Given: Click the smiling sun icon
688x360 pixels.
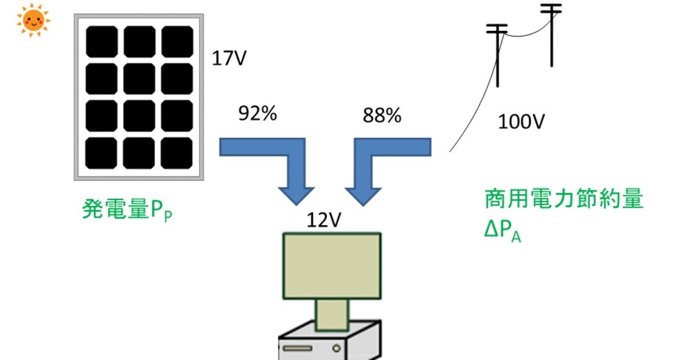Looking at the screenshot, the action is [33, 20].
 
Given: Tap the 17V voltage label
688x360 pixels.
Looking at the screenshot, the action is [229, 59].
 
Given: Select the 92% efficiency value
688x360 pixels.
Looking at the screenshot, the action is [257, 114].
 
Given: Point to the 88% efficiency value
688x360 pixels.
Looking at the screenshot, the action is [382, 116].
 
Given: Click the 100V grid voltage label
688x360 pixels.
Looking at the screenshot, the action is [522, 122].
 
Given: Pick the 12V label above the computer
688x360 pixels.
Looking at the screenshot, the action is [324, 220].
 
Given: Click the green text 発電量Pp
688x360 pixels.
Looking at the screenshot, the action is [127, 209].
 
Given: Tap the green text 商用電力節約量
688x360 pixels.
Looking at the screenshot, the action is [564, 198].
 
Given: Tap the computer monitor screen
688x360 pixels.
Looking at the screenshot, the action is [332, 266].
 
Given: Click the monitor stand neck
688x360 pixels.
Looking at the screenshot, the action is [332, 315].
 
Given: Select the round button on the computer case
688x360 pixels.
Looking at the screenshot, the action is [336, 348].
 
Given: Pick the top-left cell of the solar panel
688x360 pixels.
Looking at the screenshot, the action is [102, 42].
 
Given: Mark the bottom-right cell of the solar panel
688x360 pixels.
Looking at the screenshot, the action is [177, 153].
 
